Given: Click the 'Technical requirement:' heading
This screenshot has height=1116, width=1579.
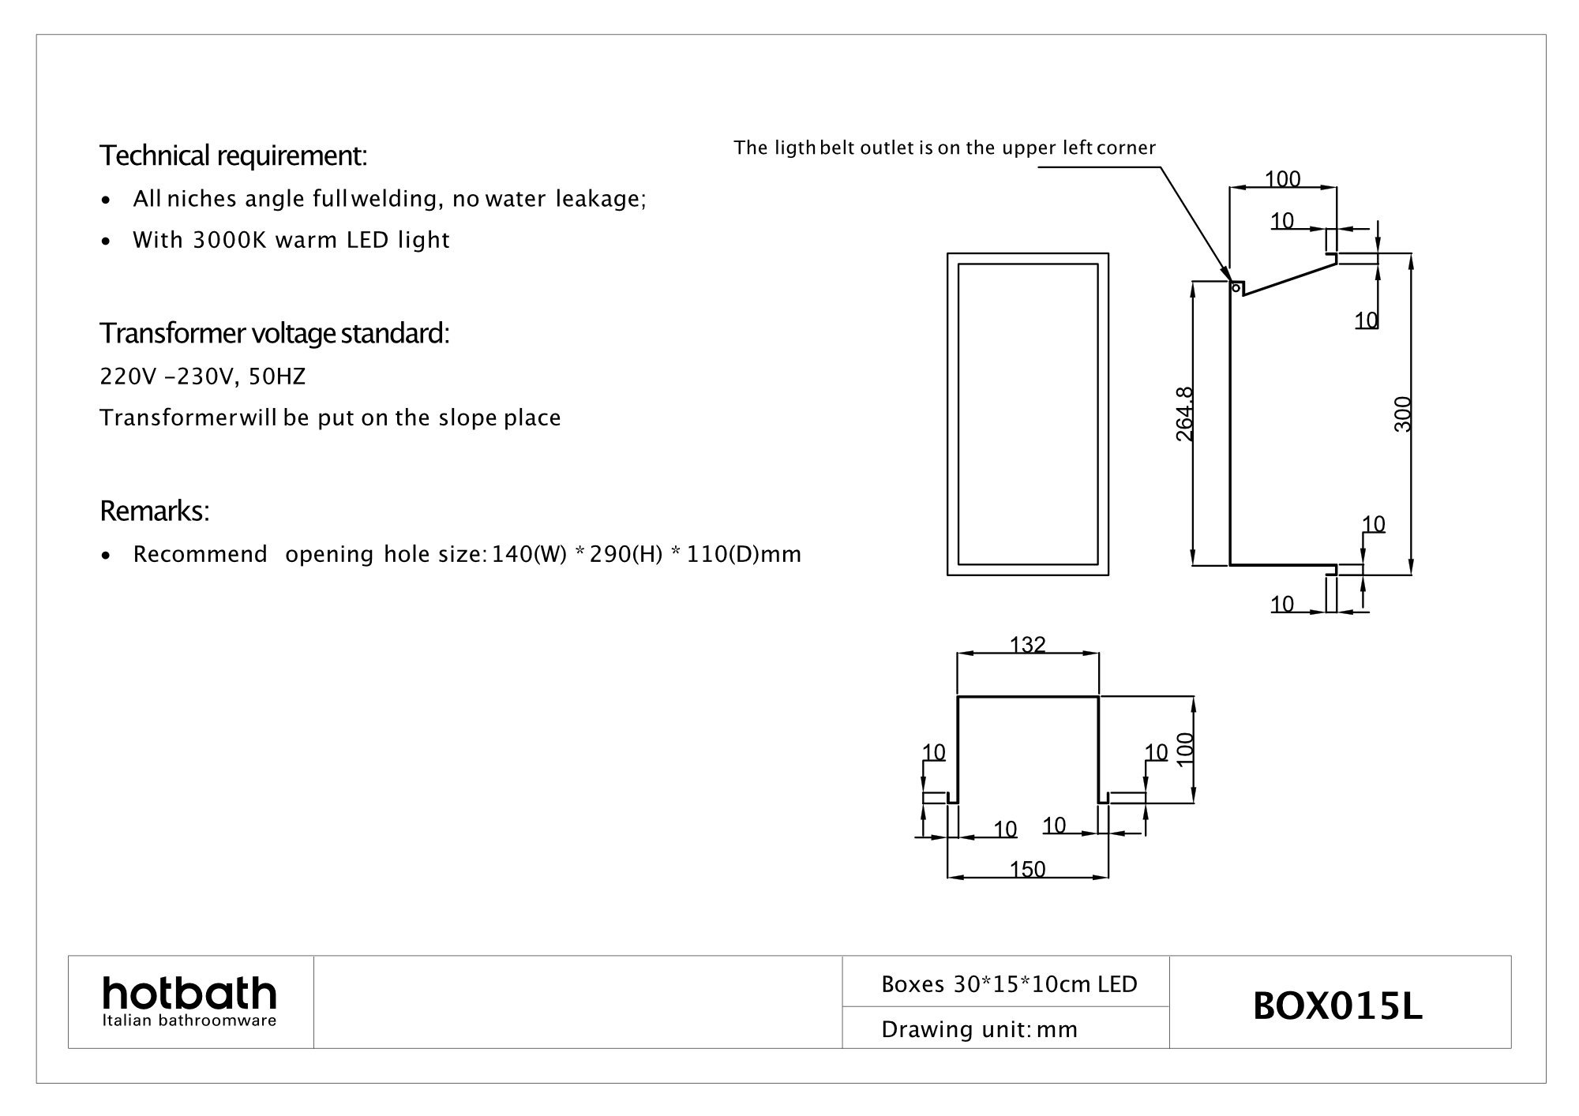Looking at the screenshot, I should [x=234, y=156].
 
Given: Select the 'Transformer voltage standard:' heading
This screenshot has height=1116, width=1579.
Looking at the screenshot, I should [x=275, y=334].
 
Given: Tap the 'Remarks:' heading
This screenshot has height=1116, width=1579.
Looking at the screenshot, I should [x=155, y=511].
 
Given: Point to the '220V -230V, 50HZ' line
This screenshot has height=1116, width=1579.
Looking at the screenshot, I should [x=202, y=377].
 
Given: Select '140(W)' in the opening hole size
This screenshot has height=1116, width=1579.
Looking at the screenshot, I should [x=526, y=554].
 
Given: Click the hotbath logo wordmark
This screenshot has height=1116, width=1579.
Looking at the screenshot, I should [x=189, y=993].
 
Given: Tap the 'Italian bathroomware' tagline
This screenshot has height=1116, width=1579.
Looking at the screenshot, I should [x=189, y=1021].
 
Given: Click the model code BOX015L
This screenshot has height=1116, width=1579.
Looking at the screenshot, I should [x=1337, y=1006].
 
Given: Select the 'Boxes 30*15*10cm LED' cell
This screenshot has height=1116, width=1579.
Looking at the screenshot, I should [x=1009, y=984].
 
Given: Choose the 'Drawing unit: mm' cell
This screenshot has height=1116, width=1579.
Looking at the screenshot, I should [x=979, y=1029].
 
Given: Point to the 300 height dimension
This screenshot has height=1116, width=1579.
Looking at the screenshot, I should [x=1402, y=414].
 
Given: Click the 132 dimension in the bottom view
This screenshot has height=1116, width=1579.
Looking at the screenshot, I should [x=1028, y=645].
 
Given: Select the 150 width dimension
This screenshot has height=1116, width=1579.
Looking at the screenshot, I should [x=1028, y=869].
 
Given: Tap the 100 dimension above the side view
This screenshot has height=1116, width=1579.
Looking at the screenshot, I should [x=1282, y=179].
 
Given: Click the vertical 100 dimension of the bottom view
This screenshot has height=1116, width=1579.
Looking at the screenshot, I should [x=1184, y=747].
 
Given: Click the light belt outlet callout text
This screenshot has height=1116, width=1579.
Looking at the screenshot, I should [x=944, y=148].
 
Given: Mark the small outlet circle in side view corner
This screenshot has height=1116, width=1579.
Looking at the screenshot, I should [x=1234, y=288].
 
